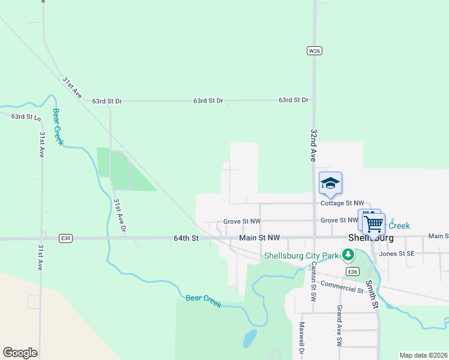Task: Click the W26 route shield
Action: (315, 51)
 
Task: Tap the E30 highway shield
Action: (66, 238)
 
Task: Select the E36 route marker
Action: (353, 272)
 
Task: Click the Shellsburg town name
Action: (370, 238)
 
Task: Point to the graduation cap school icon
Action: (330, 183)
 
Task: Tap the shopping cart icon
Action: (373, 224)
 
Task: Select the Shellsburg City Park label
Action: (301, 256)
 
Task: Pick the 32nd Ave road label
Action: (313, 145)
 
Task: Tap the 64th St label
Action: (186, 238)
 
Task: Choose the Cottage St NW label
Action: (342, 203)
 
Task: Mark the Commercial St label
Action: (342, 287)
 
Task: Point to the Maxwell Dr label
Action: (302, 340)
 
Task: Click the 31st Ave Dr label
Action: (120, 215)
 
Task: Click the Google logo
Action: (20, 353)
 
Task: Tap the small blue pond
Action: (249, 339)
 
